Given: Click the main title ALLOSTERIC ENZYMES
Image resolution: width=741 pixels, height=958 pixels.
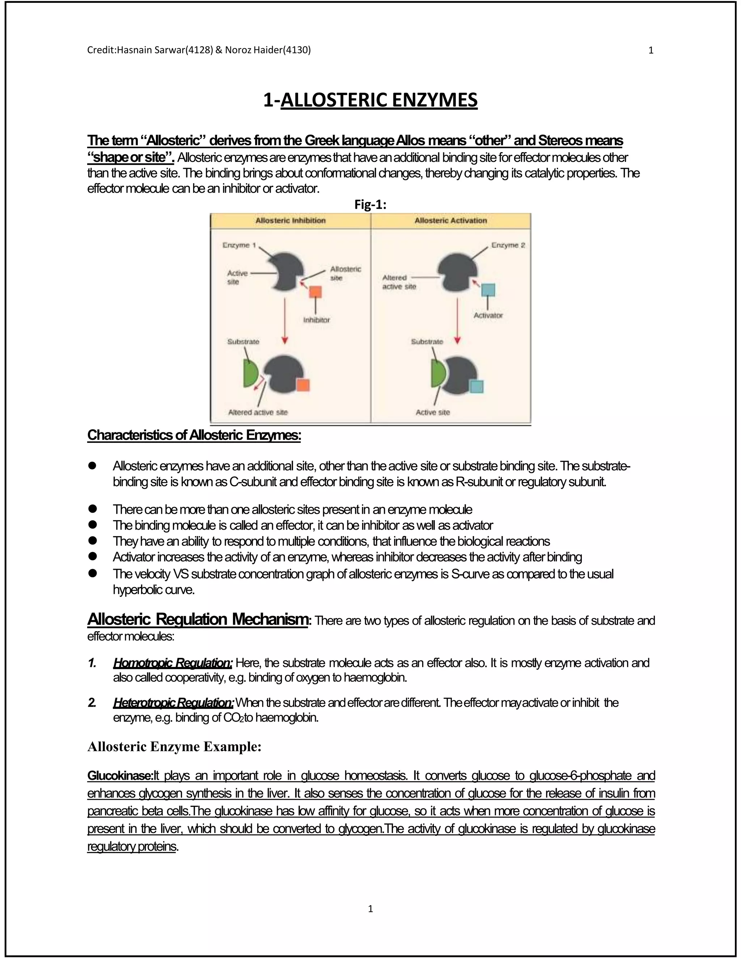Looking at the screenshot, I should point(370,100).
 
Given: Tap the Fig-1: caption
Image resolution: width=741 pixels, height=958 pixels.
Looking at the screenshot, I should point(370,205).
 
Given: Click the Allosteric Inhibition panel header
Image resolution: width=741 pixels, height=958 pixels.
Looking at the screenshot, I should point(290,221).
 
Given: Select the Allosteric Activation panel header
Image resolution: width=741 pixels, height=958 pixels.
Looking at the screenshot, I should point(450,221).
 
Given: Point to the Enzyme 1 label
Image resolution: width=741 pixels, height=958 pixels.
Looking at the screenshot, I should point(239,245).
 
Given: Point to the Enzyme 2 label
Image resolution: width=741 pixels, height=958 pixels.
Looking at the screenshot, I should point(508,245).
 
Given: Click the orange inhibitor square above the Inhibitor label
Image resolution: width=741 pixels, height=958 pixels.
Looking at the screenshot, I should point(315,292).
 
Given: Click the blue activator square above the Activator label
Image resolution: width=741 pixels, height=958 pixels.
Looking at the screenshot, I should point(488,290).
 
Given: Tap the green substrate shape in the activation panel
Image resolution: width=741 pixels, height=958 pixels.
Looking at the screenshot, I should point(437,374).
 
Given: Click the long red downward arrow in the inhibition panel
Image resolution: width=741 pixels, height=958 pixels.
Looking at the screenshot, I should point(285,320).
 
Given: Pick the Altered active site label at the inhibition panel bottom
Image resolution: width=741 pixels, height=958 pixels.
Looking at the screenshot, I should point(258,412).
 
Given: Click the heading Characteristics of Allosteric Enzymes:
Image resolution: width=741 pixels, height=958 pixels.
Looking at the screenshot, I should point(194,435).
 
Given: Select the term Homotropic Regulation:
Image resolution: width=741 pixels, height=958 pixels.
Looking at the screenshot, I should point(173,662).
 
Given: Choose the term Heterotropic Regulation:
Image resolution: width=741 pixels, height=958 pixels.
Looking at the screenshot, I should point(173,703).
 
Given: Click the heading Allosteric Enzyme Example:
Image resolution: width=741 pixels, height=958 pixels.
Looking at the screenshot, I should point(174,747).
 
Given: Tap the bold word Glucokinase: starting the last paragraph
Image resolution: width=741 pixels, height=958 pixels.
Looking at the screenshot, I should point(120,775).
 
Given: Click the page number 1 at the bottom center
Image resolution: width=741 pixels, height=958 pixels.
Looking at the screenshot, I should point(370,909).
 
